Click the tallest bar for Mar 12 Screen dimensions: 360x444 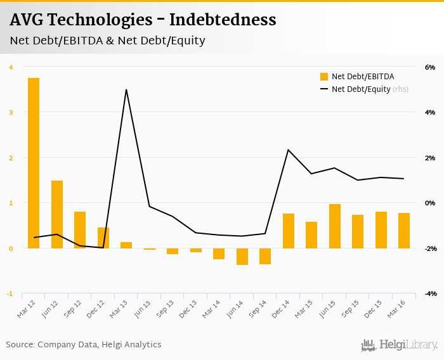point(34,163)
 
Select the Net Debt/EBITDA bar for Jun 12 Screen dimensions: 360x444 point(57,214)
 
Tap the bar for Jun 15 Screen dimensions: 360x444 point(335,226)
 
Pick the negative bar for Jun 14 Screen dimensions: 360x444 point(242,256)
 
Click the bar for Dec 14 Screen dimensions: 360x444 point(289,231)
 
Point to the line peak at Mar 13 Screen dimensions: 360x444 point(126,89)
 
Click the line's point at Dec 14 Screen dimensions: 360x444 point(289,150)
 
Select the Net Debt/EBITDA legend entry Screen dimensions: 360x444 point(358,77)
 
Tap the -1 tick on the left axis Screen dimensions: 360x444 point(10,294)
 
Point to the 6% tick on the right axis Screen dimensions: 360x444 point(429,67)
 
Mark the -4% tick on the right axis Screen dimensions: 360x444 point(429,294)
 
